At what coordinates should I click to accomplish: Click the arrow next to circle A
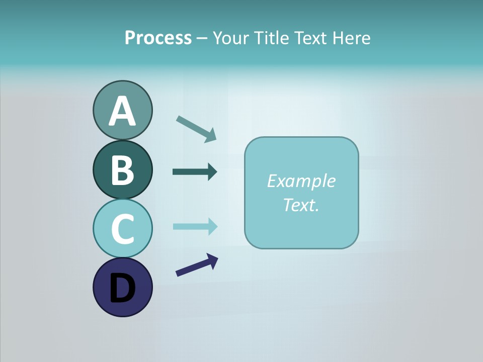click(196, 129)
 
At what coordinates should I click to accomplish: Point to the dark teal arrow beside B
click(195, 172)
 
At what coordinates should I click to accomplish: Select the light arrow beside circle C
click(195, 226)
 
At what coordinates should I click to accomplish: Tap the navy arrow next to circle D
click(197, 265)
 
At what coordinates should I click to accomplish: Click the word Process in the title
click(158, 38)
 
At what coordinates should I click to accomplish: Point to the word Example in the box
click(301, 181)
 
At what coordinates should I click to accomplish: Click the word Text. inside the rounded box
click(301, 205)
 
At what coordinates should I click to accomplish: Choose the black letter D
click(122, 288)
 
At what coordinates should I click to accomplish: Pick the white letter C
click(122, 229)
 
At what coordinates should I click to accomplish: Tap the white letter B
click(122, 170)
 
